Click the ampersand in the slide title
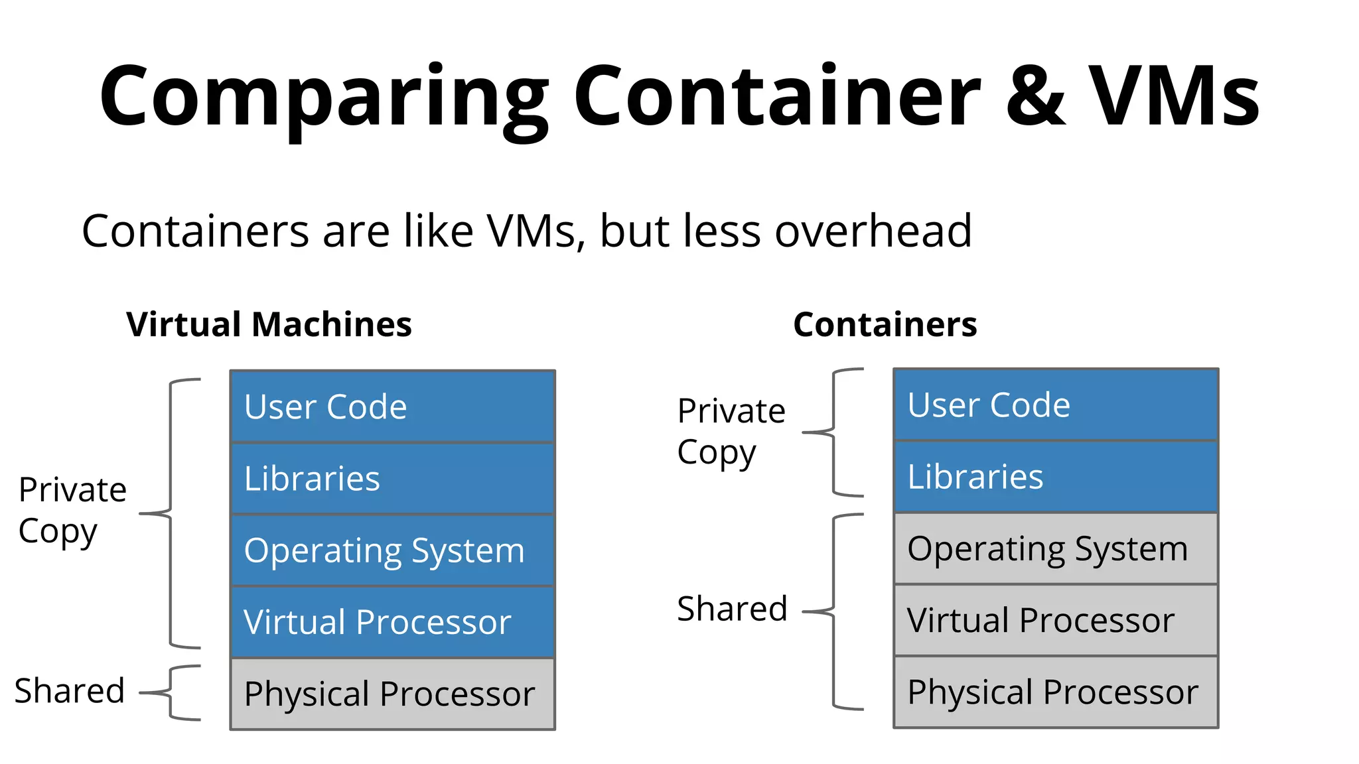pyautogui.click(x=1035, y=96)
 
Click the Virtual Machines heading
pyautogui.click(x=269, y=324)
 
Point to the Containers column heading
pyautogui.click(x=885, y=324)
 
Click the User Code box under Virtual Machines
pyautogui.click(x=392, y=407)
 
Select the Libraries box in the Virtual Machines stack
pyautogui.click(x=392, y=478)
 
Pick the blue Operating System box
pyautogui.click(x=392, y=550)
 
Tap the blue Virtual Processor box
pyautogui.click(x=392, y=622)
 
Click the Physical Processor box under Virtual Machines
pyautogui.click(x=392, y=694)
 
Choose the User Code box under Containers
pyautogui.click(x=1055, y=405)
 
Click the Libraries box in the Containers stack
pyautogui.click(x=1055, y=476)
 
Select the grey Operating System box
pyautogui.click(x=1055, y=548)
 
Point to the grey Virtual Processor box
pyautogui.click(x=1055, y=620)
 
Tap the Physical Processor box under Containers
pyautogui.click(x=1055, y=692)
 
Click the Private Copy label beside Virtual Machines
pyautogui.click(x=72, y=510)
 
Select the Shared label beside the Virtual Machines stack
pyautogui.click(x=70, y=691)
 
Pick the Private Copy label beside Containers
pyautogui.click(x=731, y=431)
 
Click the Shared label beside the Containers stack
pyautogui.click(x=732, y=609)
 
